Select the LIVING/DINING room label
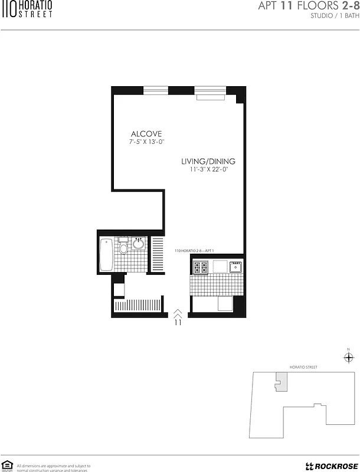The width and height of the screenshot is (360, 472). (x=208, y=161)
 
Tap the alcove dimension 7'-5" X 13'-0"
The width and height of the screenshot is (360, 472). (x=146, y=142)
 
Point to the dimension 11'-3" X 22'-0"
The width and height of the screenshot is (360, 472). (x=208, y=169)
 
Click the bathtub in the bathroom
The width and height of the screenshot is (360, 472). (x=106, y=254)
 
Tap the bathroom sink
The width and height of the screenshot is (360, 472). (x=139, y=244)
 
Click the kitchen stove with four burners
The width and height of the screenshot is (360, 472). (x=199, y=267)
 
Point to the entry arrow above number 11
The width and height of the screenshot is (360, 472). (x=178, y=313)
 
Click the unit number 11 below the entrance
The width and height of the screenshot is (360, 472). (x=178, y=323)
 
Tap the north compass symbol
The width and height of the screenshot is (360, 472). (x=348, y=357)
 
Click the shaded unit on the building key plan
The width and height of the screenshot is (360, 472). (x=281, y=383)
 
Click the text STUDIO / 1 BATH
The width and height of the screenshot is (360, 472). (x=334, y=16)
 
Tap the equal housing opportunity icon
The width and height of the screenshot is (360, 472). (x=8, y=466)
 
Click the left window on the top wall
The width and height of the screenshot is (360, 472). (x=156, y=90)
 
